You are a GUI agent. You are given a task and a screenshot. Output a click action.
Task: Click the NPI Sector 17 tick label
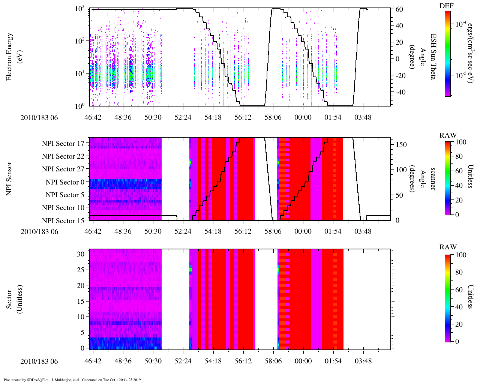[x=63, y=143]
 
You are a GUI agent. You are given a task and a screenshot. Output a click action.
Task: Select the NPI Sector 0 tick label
[x=65, y=182]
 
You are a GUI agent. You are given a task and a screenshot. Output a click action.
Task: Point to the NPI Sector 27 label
[x=63, y=169]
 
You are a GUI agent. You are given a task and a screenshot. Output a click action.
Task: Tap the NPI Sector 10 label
[x=63, y=208]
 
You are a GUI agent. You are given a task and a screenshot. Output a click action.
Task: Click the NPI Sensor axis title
[x=10, y=178]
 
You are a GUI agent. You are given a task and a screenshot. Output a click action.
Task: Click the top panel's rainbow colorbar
[x=447, y=54]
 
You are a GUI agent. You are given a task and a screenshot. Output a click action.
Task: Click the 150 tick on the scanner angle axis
[x=401, y=145]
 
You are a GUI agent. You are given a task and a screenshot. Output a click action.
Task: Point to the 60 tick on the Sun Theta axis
[x=399, y=9]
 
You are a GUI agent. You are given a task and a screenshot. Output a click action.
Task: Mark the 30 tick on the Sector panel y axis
[x=81, y=254]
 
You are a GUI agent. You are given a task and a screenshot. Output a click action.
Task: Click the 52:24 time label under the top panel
[x=183, y=117]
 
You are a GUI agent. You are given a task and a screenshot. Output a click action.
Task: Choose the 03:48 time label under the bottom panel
[x=363, y=361]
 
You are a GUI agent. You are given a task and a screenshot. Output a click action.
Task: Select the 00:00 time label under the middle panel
[x=303, y=231]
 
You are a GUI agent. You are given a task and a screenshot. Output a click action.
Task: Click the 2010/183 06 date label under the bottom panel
[x=39, y=361]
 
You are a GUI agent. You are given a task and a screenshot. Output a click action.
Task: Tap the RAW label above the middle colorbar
[x=448, y=135]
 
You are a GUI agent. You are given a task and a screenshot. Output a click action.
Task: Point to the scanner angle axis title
[x=427, y=178]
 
